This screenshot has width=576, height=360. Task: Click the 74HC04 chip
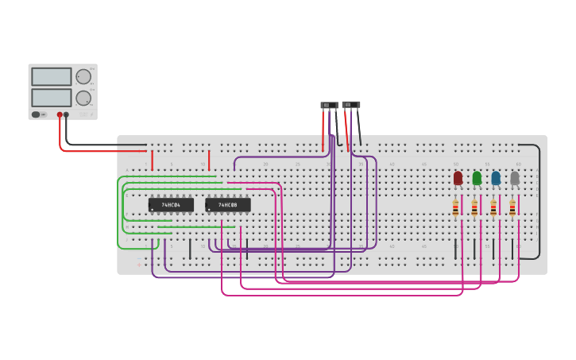(x=171, y=205)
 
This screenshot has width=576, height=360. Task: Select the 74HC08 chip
(x=228, y=205)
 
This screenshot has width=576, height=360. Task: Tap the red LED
(x=458, y=178)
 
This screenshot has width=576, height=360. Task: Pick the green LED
(x=477, y=178)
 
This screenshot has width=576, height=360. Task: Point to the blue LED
(x=496, y=178)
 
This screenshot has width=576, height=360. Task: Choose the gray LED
(x=515, y=178)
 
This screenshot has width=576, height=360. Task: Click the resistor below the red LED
(x=455, y=208)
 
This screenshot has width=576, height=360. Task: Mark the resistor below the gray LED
(x=512, y=208)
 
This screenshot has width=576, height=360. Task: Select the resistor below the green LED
(x=474, y=208)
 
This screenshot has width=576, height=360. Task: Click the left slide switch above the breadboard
(x=329, y=105)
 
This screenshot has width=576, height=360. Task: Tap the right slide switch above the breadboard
(x=351, y=104)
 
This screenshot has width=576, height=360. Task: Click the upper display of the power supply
(x=52, y=76)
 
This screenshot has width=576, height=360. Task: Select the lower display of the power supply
(x=52, y=98)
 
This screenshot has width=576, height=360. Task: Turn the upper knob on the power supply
(x=83, y=76)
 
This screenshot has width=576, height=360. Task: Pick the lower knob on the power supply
(x=83, y=98)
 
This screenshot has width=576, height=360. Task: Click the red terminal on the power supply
(x=60, y=114)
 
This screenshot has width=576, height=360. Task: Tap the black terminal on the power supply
(x=67, y=114)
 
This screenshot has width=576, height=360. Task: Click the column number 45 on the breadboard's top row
(x=423, y=165)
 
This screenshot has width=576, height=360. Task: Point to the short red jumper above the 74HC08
(x=209, y=160)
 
